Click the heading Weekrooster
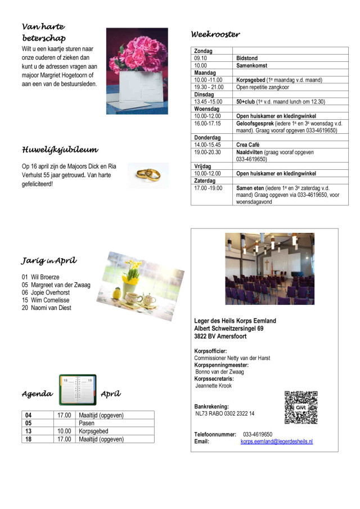[x=215, y=34]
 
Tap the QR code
[x=301, y=407]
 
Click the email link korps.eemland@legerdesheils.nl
[x=277, y=442]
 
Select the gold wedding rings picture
[x=147, y=175]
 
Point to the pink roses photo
[x=137, y=70]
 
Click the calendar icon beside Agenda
[x=78, y=390]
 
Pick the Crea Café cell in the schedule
[x=248, y=145]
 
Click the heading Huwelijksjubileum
[x=60, y=150]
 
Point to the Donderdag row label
[x=208, y=137]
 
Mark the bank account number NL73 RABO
[x=224, y=413]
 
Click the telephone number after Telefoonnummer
[x=258, y=434]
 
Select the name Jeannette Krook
[x=213, y=386]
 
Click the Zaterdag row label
[x=206, y=181]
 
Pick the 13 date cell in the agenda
[x=29, y=431]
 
